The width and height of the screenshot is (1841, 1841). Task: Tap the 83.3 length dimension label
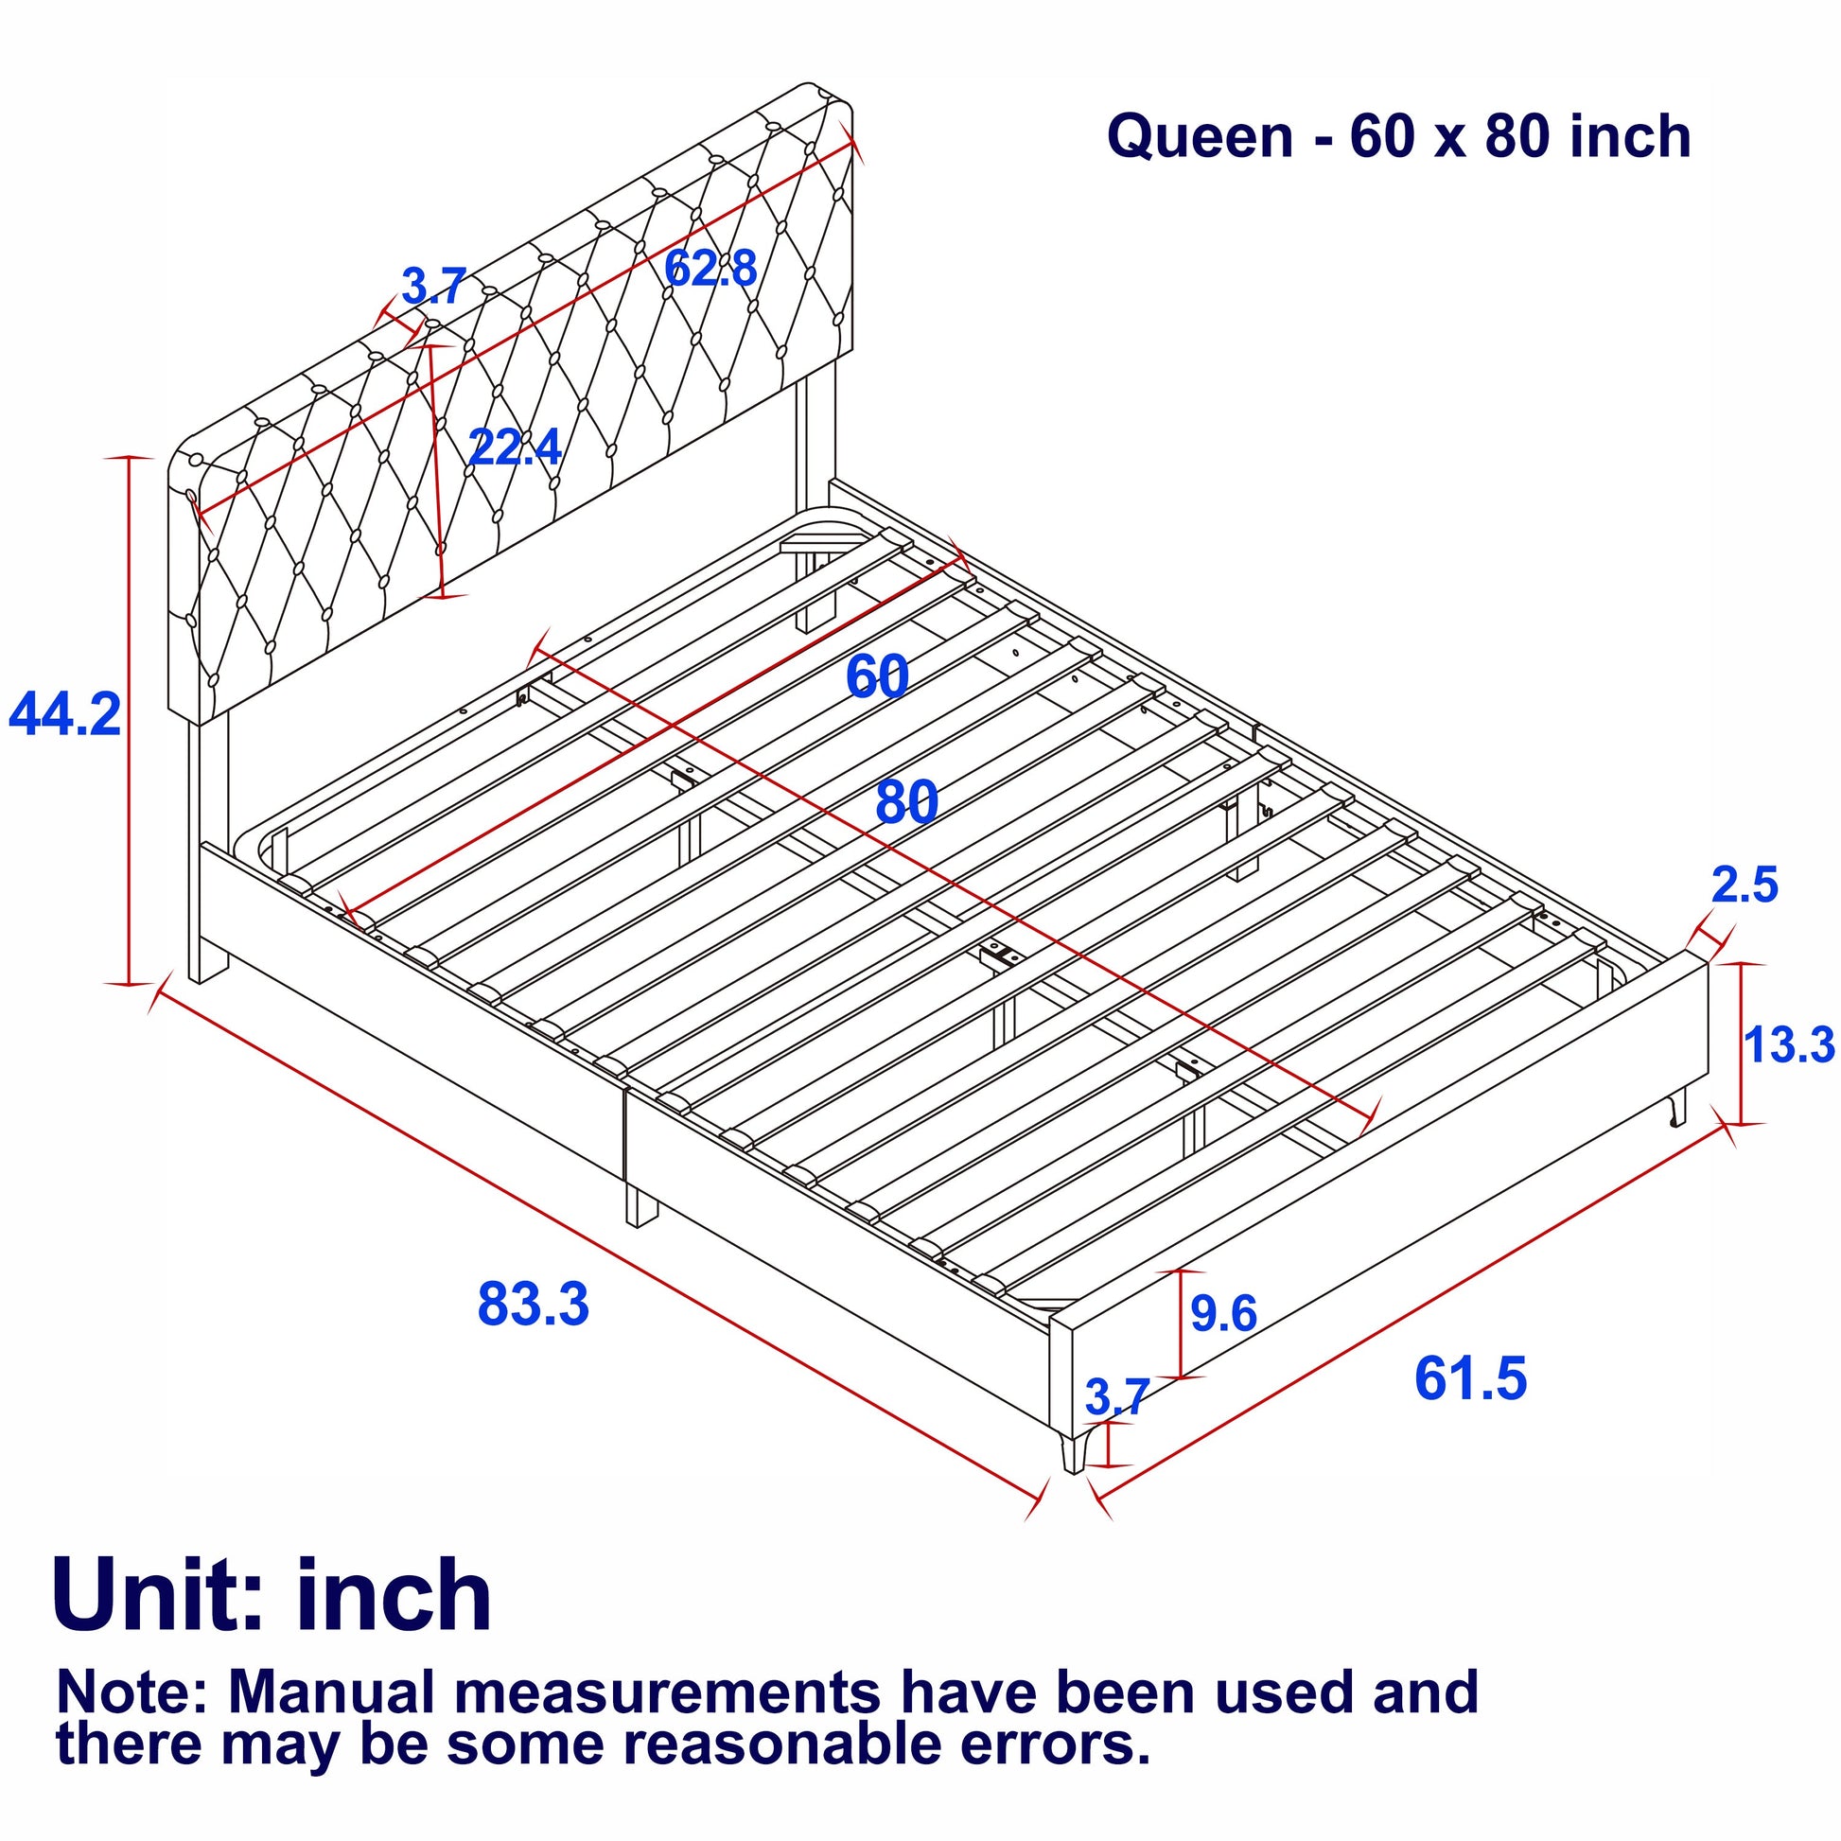click(534, 1304)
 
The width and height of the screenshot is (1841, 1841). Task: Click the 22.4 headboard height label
click(516, 446)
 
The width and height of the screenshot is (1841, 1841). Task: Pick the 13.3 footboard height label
click(1790, 1044)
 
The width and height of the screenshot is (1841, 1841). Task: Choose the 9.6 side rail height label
click(1223, 1314)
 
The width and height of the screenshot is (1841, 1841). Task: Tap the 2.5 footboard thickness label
click(1745, 885)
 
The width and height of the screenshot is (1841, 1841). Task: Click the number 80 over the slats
click(906, 802)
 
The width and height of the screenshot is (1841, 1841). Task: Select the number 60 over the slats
click(877, 676)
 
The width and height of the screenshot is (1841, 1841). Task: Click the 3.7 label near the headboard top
click(433, 286)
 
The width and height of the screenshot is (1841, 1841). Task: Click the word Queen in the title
click(1200, 136)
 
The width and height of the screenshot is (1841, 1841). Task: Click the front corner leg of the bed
click(1075, 1446)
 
